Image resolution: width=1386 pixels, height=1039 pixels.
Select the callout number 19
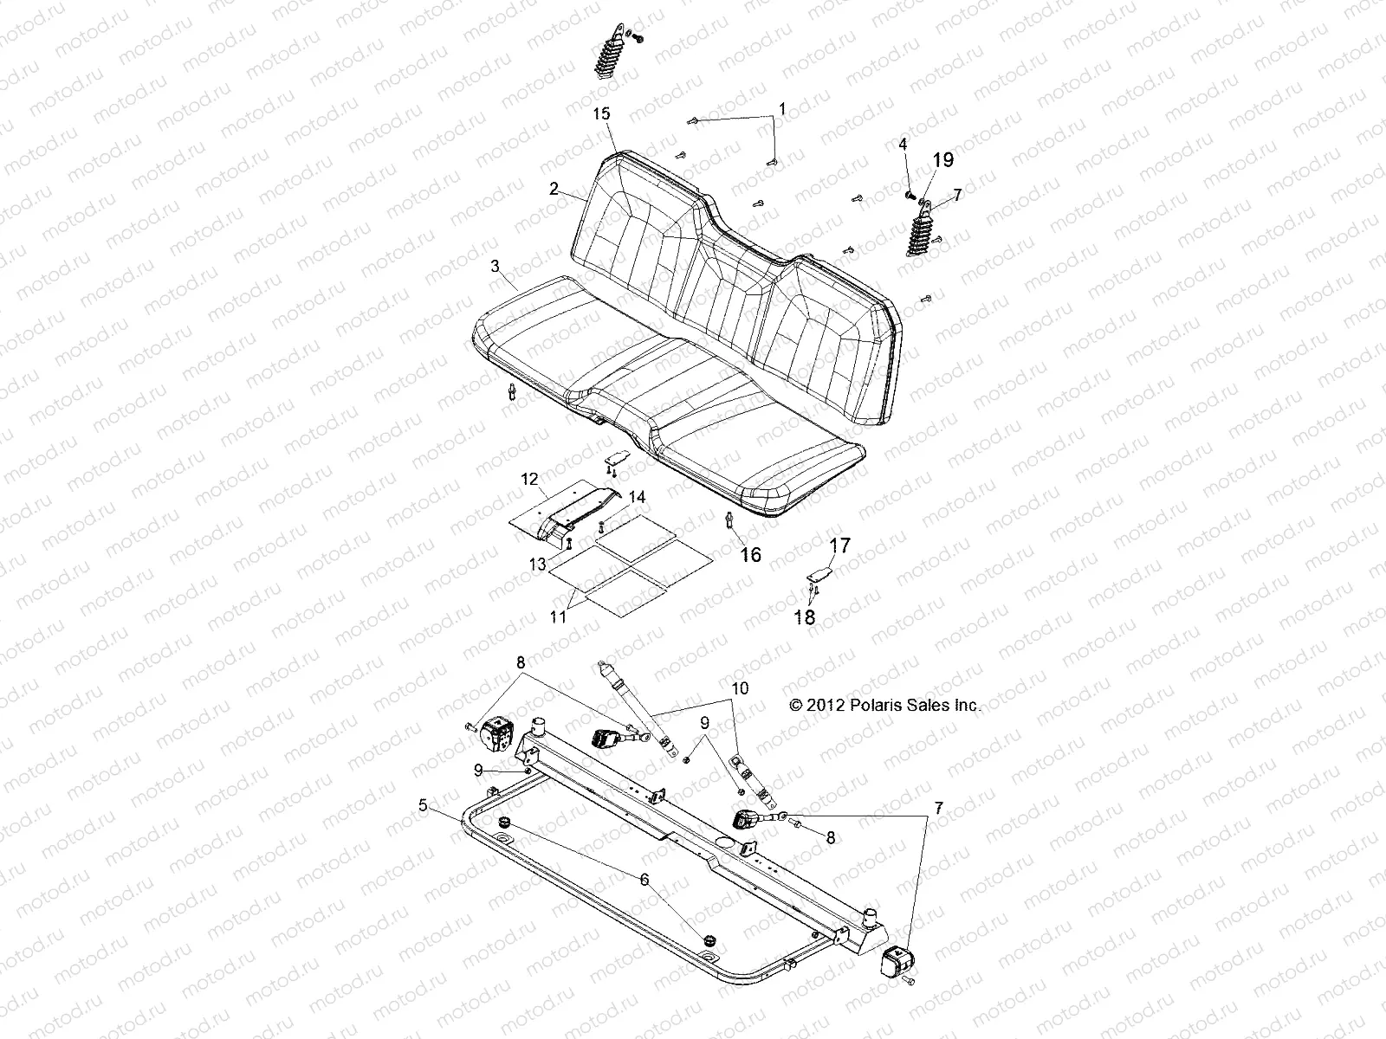(x=942, y=159)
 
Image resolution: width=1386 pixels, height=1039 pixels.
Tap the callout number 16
(x=750, y=554)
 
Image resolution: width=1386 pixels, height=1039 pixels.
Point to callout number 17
(x=840, y=545)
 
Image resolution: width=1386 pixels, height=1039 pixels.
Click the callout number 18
(x=806, y=617)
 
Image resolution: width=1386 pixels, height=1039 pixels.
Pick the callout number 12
(x=529, y=478)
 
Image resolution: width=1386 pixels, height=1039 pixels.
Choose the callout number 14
(x=637, y=497)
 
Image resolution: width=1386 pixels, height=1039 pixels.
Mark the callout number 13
(x=538, y=564)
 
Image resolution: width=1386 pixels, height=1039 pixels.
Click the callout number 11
(x=558, y=617)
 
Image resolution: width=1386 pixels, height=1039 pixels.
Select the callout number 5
(x=423, y=805)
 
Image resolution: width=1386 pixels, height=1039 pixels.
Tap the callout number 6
(x=643, y=878)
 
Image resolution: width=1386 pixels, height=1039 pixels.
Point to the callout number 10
(x=739, y=688)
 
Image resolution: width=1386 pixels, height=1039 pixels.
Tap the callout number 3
(x=495, y=267)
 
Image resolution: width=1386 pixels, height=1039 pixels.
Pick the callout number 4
(x=903, y=145)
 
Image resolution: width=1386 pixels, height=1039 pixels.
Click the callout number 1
(x=782, y=109)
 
